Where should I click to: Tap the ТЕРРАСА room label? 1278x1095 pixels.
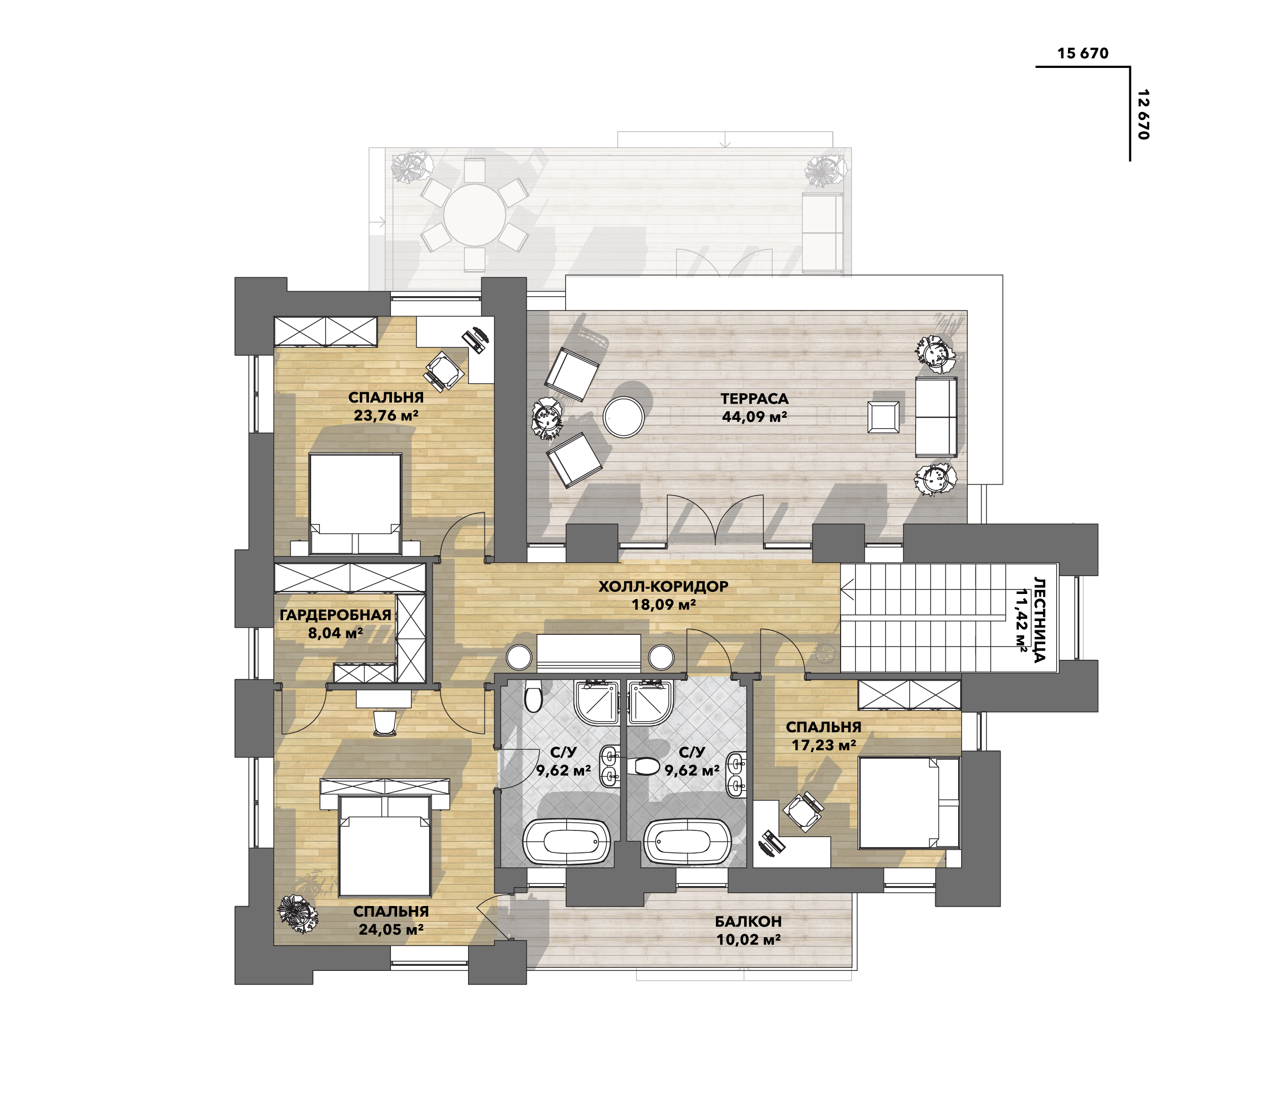pyautogui.click(x=754, y=399)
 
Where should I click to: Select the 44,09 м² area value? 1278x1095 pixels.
pyautogui.click(x=754, y=417)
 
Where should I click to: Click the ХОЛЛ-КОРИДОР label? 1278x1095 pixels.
pyautogui.click(x=663, y=586)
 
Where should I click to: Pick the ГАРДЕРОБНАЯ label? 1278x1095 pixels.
pyautogui.click(x=336, y=615)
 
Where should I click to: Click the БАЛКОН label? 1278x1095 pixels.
pyautogui.click(x=748, y=922)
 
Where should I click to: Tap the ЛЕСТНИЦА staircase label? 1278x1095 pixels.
pyautogui.click(x=1040, y=620)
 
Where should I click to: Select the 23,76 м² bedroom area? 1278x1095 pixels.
pyautogui.click(x=386, y=416)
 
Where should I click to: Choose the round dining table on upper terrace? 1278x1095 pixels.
pyautogui.click(x=474, y=215)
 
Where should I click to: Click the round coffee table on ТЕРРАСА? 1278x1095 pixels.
pyautogui.click(x=623, y=417)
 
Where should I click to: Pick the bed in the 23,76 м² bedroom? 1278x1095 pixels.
pyautogui.click(x=355, y=504)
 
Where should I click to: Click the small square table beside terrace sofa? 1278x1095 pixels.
pyautogui.click(x=883, y=417)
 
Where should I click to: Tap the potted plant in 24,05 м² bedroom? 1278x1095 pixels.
pyautogui.click(x=297, y=911)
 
